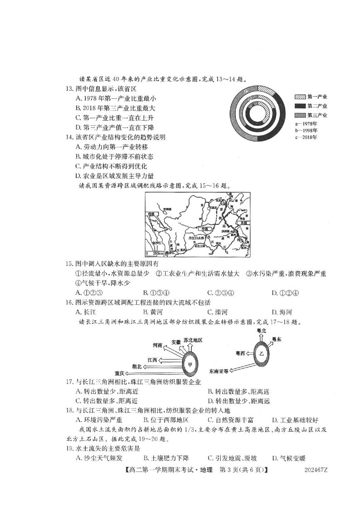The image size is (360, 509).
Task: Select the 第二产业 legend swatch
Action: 300,106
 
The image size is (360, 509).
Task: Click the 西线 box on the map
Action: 151,213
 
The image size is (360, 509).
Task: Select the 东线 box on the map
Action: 246,223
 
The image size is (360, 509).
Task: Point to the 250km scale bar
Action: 153,253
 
